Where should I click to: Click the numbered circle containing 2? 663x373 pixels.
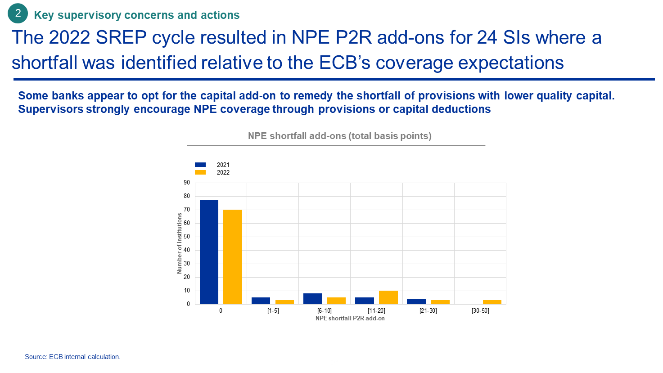[18, 14]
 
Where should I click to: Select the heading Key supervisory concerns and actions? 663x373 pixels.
[137, 15]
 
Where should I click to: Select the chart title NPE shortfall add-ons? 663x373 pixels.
[340, 136]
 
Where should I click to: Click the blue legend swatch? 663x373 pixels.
[200, 165]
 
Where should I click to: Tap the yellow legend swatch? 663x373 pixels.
[200, 172]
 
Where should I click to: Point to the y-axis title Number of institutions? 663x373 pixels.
[180, 243]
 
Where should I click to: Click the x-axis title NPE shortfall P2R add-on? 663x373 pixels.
[350, 318]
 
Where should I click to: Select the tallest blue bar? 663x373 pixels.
[209, 252]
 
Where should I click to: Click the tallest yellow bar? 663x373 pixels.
[233, 257]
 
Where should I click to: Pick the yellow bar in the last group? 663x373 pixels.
[492, 302]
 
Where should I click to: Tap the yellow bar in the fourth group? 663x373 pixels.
[388, 297]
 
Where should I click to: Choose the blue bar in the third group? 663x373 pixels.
[313, 299]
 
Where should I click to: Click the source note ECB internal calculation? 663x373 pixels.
[72, 357]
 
